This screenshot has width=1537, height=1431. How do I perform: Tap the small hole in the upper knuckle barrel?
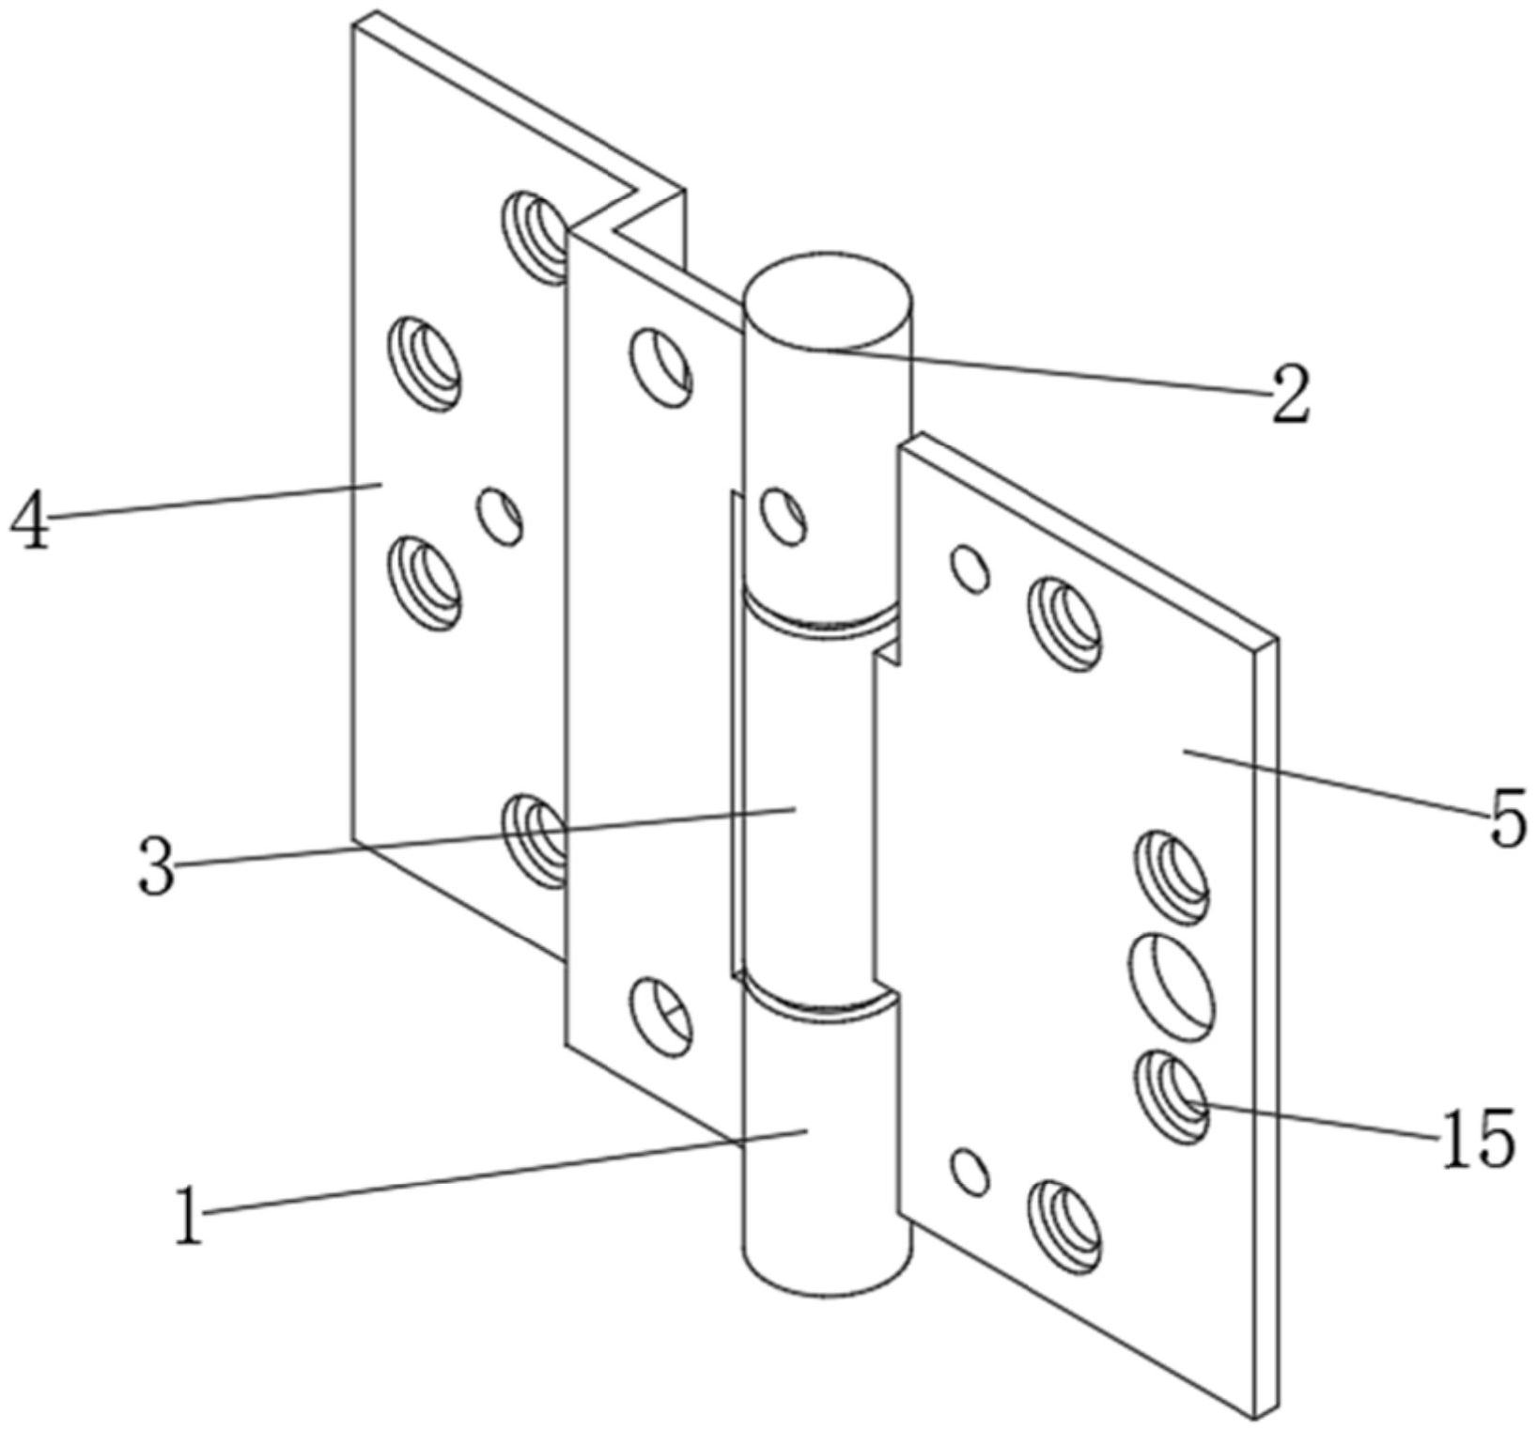[x=783, y=515]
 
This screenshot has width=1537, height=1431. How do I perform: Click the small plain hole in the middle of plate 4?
[x=500, y=516]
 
